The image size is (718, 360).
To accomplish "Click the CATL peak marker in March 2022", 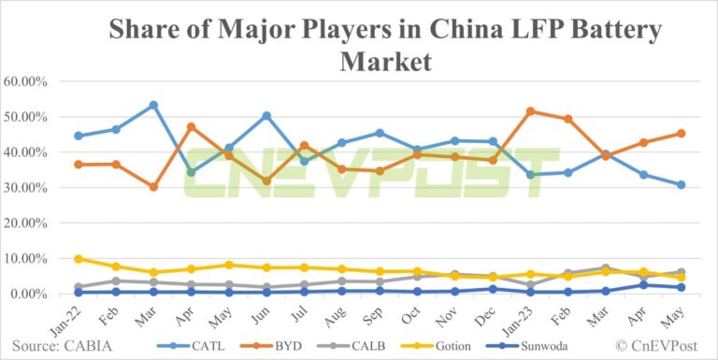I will pos(153,105).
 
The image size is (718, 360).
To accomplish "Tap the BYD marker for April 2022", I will pos(192,126).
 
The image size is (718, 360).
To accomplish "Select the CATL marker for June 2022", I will pos(267,116).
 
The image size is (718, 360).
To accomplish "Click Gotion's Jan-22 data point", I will pos(79,259).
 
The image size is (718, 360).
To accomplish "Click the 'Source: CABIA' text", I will pos(62,344).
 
